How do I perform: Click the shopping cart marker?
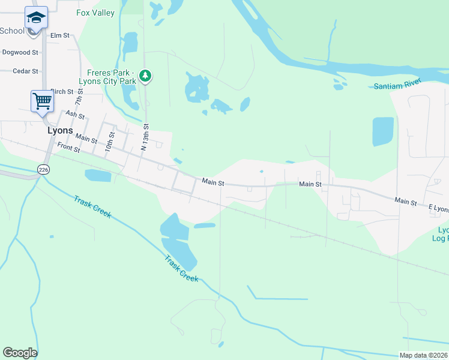click(42, 100)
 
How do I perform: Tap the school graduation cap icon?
click(36, 17)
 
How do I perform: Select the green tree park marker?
click(145, 76)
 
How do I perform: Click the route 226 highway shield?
click(43, 170)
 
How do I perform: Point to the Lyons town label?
click(60, 130)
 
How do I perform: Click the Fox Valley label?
click(95, 13)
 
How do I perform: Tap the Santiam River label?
click(397, 86)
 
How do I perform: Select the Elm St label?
click(60, 35)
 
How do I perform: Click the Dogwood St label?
click(20, 53)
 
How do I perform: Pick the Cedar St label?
click(26, 71)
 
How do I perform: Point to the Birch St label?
click(62, 92)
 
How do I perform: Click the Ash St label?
click(75, 114)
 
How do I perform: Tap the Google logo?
click(20, 353)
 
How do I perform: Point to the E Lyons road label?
click(438, 208)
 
